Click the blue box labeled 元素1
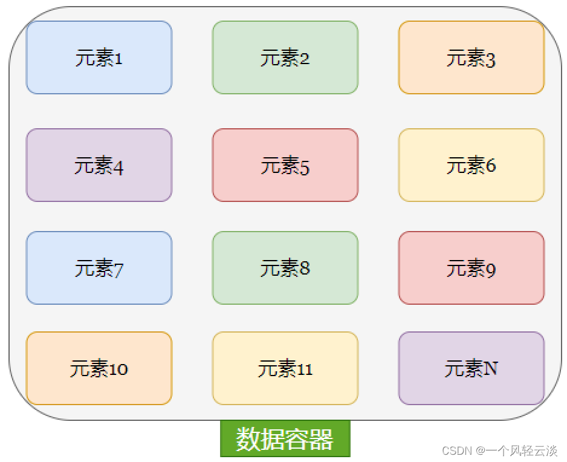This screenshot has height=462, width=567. click(99, 57)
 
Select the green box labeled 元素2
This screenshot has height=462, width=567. click(285, 57)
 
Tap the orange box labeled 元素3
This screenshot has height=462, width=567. click(471, 57)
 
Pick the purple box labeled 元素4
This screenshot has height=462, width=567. click(99, 165)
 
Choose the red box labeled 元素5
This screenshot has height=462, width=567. click(285, 165)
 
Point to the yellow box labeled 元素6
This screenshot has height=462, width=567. click(471, 165)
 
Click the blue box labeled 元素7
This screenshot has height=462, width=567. click(99, 268)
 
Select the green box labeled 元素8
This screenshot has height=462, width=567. click(285, 268)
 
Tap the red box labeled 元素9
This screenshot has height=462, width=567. click(471, 268)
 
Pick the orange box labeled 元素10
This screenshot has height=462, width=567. click(99, 368)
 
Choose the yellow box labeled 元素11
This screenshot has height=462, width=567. click(285, 368)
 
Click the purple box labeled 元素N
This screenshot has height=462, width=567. click(471, 368)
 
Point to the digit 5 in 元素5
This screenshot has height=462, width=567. click(304, 167)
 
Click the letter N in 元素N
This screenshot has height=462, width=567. click(490, 368)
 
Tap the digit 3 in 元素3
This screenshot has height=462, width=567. click(490, 60)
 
